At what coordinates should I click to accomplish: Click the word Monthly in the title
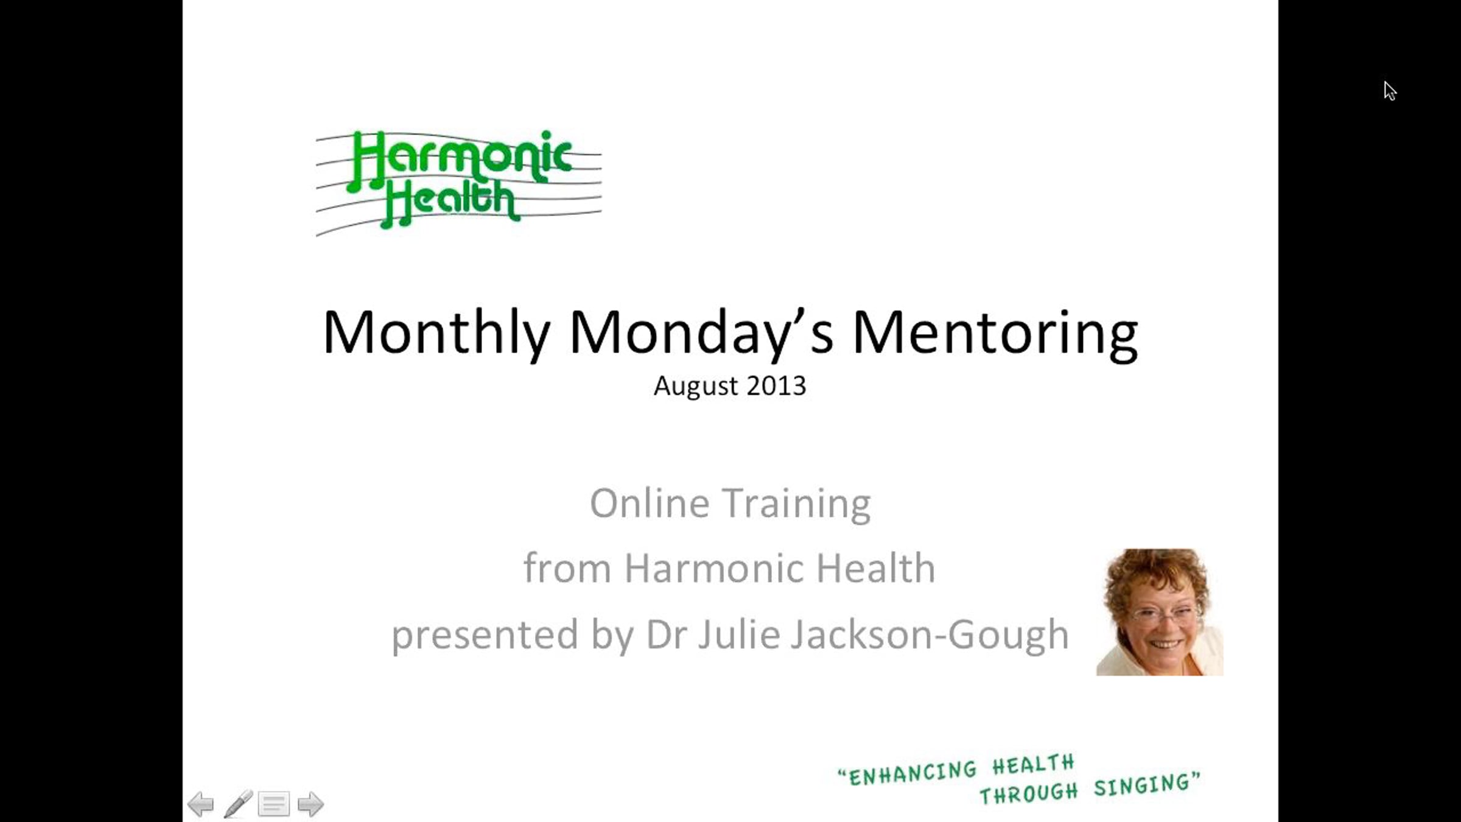[436, 333]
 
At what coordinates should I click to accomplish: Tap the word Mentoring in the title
[995, 333]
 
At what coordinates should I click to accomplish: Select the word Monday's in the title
[701, 333]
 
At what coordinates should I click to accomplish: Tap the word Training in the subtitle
[797, 505]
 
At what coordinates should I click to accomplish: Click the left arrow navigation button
[200, 804]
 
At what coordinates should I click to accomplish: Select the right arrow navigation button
[310, 804]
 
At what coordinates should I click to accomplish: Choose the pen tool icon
[238, 804]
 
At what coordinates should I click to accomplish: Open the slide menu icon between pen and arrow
[274, 804]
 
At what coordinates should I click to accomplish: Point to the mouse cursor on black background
[1390, 91]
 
